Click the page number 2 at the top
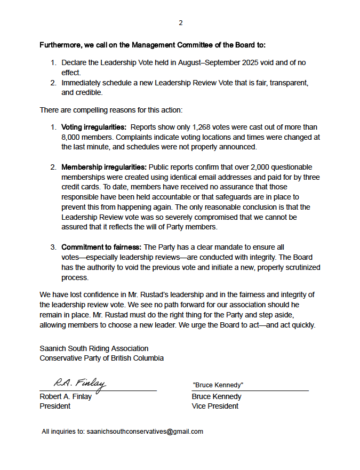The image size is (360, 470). pyautogui.click(x=180, y=23)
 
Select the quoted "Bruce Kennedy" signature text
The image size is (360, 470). pyautogui.click(x=218, y=385)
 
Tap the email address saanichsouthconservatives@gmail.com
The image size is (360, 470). pyautogui.click(x=145, y=432)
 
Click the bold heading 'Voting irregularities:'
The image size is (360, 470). pyautogui.click(x=94, y=128)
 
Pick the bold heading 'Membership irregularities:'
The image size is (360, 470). pyautogui.click(x=104, y=168)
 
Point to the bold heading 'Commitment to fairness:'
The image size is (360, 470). pyautogui.click(x=102, y=248)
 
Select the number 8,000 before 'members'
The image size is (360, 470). pyautogui.click(x=71, y=137)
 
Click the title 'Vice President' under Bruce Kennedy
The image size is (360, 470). pyautogui.click(x=215, y=406)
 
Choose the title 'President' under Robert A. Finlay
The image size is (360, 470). pyautogui.click(x=55, y=406)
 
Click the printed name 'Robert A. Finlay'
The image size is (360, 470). pyautogui.click(x=66, y=396)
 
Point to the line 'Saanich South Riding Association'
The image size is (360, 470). pyautogui.click(x=94, y=348)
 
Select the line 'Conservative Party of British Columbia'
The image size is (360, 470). pyautogui.click(x=101, y=358)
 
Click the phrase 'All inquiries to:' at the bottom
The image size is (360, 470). pyautogui.click(x=63, y=432)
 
